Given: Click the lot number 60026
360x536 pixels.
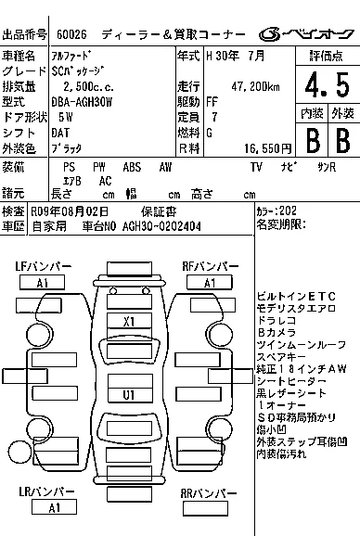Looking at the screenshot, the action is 71,34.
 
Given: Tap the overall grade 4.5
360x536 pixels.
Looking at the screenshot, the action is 328,84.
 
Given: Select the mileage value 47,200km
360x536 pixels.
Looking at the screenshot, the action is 255,87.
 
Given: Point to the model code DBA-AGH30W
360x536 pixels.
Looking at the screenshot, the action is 82,102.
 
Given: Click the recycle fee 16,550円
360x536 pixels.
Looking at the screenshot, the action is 268,148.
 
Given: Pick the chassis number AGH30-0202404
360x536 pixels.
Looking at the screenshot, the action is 161,226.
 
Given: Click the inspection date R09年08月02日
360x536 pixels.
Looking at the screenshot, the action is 70,211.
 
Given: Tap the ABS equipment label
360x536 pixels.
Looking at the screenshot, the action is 132,167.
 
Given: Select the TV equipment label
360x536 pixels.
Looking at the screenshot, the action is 256,167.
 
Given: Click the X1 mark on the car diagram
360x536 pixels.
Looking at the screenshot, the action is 129,322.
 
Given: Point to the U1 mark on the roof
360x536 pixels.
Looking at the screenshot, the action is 129,395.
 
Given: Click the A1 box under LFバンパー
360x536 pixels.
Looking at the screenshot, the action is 42,283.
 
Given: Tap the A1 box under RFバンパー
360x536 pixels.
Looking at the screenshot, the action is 210,283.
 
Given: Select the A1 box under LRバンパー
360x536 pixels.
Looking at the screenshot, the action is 54,507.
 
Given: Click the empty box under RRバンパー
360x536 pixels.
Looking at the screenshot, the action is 205,508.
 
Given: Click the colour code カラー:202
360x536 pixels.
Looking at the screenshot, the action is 276,211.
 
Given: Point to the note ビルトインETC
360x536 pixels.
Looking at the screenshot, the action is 296,297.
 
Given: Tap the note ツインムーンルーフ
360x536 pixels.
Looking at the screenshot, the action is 302,345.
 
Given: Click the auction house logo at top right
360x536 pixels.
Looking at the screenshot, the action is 306,34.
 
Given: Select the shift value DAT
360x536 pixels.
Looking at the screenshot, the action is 60,133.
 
